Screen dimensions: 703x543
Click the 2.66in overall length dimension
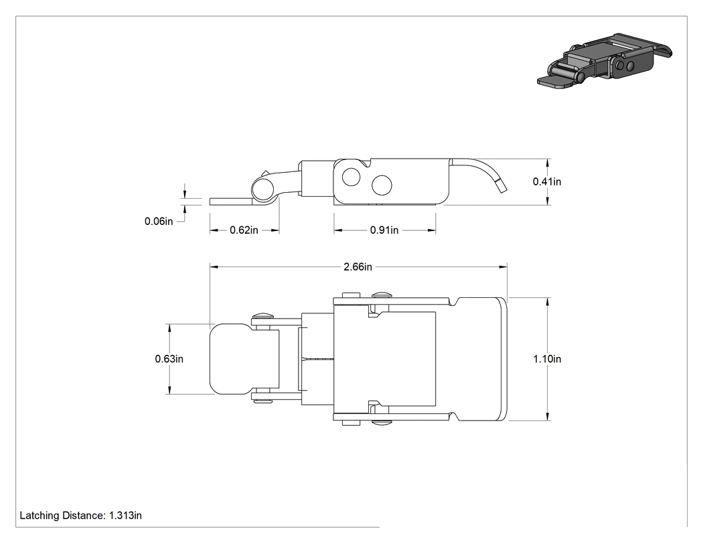(x=358, y=266)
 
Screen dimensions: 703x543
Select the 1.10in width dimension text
(x=547, y=359)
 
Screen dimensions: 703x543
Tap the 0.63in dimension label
(x=169, y=359)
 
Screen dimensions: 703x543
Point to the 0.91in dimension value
(x=384, y=230)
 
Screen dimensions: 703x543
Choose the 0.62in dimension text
(x=244, y=230)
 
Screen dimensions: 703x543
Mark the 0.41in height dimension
(x=547, y=181)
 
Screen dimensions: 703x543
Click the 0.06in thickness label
(x=159, y=221)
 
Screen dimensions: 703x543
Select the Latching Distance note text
(x=81, y=516)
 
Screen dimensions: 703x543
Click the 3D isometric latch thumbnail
(x=605, y=60)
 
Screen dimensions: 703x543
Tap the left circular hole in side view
(x=351, y=177)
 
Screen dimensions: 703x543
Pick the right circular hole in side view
(x=382, y=185)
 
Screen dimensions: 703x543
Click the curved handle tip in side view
(x=501, y=185)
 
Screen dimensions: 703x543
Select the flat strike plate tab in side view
(x=232, y=202)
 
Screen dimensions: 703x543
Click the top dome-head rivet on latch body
(x=382, y=295)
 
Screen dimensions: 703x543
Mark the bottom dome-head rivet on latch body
(x=382, y=422)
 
